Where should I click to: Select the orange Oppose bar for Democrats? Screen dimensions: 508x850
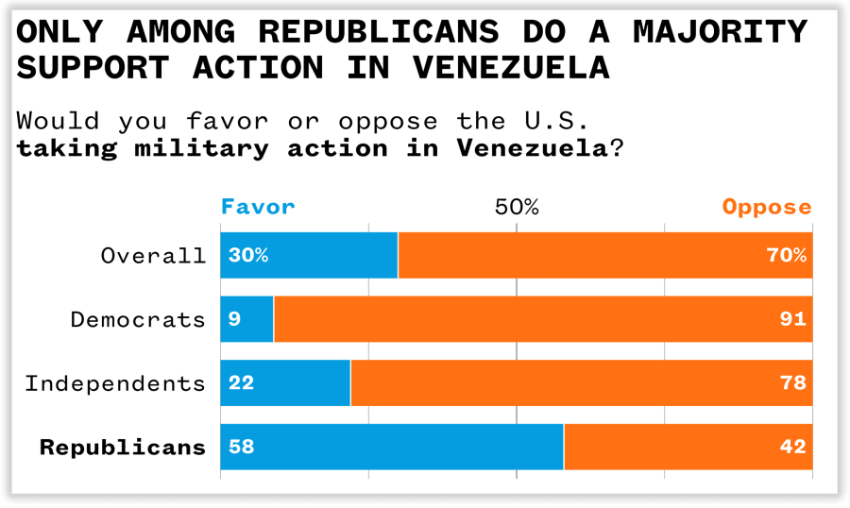pos(543,319)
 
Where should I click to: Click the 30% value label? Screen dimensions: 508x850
pos(247,256)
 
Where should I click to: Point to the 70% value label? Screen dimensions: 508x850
pos(786,256)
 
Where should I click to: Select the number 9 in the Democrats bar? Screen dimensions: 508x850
pos(234,319)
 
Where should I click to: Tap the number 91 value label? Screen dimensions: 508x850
pos(792,319)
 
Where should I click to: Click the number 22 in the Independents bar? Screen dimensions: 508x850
pos(241,383)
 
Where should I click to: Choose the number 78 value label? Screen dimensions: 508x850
pos(792,383)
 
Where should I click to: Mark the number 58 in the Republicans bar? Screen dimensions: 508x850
pos(242,447)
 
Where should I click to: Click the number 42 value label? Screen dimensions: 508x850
pos(792,447)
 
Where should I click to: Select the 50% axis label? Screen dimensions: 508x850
pos(517,207)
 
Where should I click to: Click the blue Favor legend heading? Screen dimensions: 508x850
pos(258,207)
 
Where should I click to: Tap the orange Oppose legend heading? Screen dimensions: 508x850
pos(766,207)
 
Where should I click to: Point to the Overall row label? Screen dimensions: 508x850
pos(153,256)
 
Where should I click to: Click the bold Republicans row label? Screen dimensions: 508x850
pos(122,447)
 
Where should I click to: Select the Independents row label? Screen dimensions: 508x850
pos(114,383)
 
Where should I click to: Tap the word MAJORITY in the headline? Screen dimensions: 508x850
pos(720,31)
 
